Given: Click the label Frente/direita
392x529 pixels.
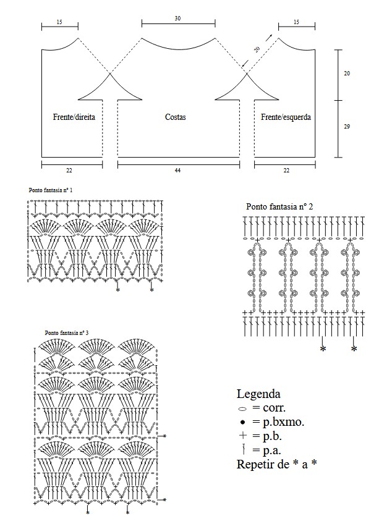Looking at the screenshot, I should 74,117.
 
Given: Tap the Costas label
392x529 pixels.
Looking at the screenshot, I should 176,117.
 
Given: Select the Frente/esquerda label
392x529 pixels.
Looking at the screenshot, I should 286,117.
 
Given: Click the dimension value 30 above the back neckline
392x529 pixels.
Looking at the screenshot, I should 178,19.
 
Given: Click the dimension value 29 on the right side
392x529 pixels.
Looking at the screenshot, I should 347,127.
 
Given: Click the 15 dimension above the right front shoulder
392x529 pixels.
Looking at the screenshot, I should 59,22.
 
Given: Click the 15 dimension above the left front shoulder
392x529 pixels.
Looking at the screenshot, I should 296,22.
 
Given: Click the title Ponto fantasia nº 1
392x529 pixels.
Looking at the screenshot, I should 51,190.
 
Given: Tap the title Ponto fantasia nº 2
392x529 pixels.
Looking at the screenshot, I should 279,206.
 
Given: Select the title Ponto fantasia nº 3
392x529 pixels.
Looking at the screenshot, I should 67,332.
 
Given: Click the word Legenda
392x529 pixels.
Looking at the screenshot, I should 258,394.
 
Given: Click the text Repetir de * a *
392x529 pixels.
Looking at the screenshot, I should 278,465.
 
